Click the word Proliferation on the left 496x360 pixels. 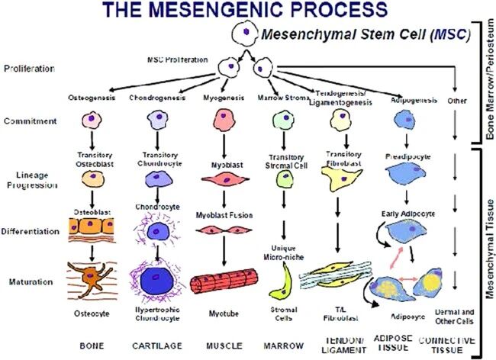point(28,68)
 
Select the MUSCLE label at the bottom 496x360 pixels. point(221,346)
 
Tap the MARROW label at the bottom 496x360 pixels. point(284,346)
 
